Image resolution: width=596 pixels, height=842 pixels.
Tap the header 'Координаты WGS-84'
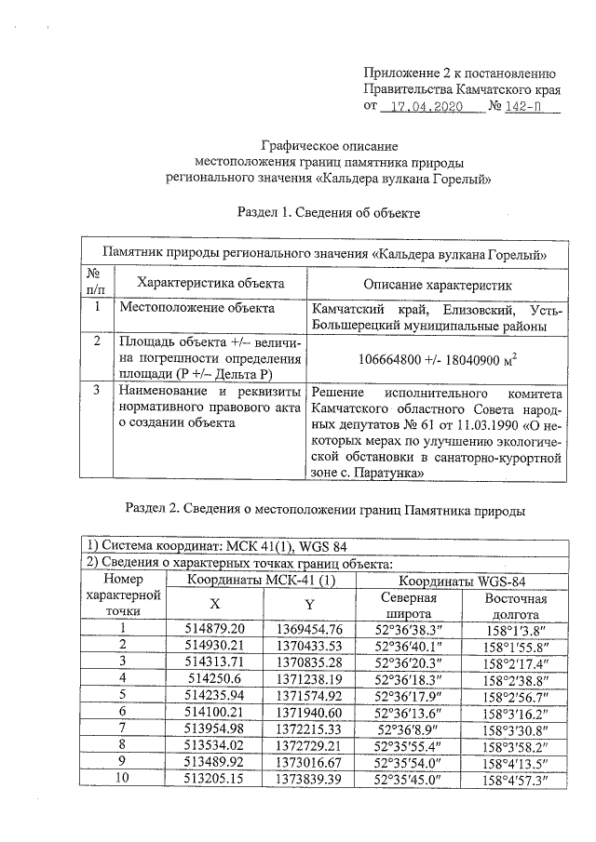point(463,581)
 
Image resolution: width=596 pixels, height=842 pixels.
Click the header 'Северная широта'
point(412,606)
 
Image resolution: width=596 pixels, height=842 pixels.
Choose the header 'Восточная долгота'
point(515,606)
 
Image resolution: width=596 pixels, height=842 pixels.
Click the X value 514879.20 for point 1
point(215,629)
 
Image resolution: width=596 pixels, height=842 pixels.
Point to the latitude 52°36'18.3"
point(412,678)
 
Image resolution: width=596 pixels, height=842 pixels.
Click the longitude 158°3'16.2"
point(515,712)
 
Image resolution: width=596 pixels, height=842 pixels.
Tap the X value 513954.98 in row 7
point(215,728)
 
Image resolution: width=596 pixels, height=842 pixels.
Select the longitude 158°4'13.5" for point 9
point(515,762)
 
